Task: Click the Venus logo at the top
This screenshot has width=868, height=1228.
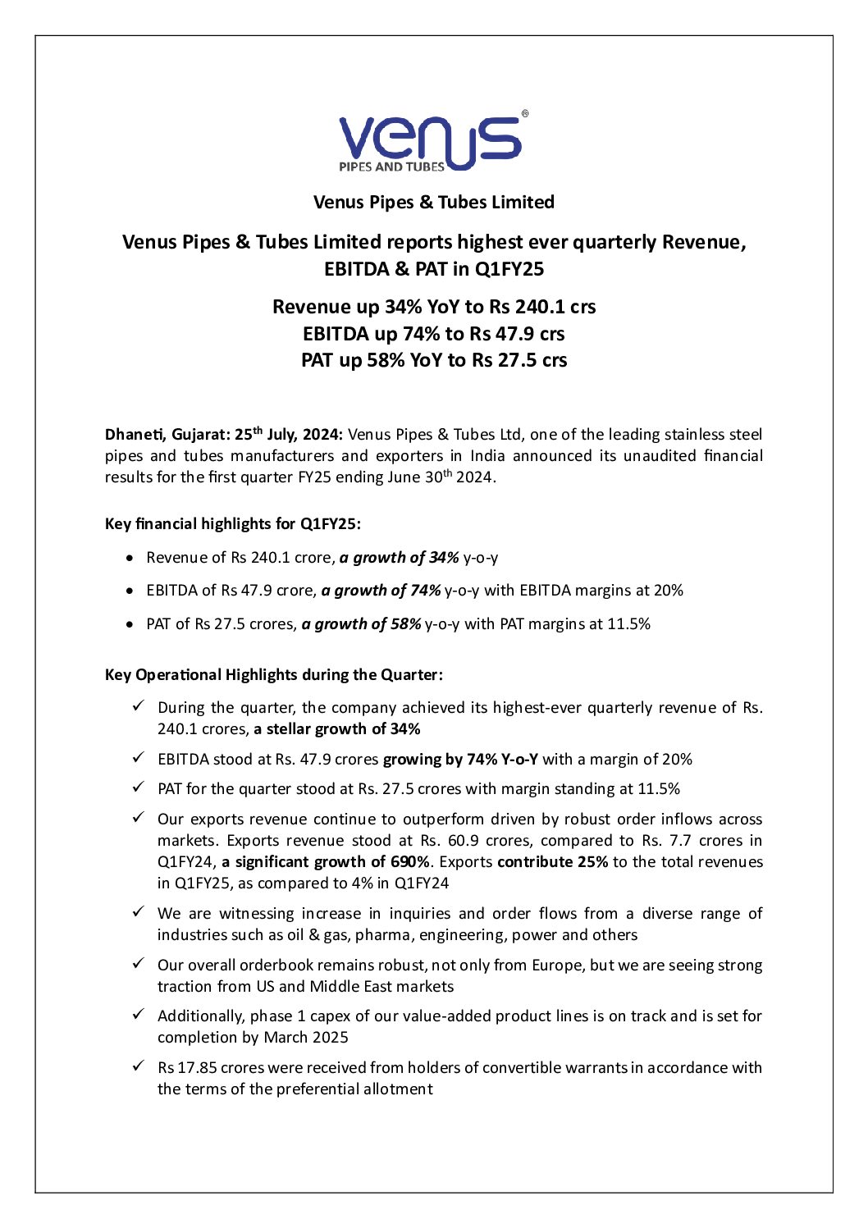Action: (x=429, y=143)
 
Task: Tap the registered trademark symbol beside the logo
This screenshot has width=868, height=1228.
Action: (x=525, y=115)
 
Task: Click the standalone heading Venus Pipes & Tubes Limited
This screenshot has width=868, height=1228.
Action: (x=433, y=203)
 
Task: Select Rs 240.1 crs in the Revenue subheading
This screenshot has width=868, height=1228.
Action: (x=542, y=307)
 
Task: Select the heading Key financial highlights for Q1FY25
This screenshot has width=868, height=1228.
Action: (x=232, y=524)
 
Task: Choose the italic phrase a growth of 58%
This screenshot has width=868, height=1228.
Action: (x=361, y=624)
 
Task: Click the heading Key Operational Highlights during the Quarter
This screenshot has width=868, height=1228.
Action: (x=273, y=675)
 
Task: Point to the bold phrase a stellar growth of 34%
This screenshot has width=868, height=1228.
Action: (x=337, y=729)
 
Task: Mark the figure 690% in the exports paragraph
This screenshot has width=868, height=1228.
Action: (x=411, y=862)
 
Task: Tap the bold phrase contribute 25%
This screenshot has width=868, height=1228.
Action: (x=552, y=862)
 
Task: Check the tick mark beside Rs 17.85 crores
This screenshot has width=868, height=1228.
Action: (x=139, y=1066)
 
